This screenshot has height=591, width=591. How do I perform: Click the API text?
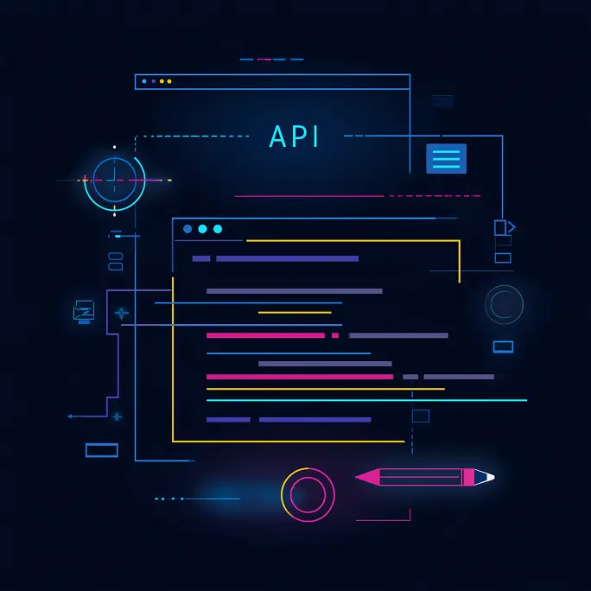pyautogui.click(x=294, y=136)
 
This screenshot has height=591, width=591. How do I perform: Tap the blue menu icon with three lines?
pyautogui.click(x=446, y=159)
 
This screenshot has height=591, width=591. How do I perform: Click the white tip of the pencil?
pyautogui.click(x=491, y=477)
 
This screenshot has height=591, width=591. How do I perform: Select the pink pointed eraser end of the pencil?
pyautogui.click(x=367, y=477)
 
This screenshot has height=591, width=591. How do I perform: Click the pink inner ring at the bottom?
pyautogui.click(x=308, y=495)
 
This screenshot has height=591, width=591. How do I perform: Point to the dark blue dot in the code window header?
pyautogui.click(x=187, y=229)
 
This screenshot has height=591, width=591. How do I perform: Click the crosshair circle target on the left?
pyautogui.click(x=115, y=181)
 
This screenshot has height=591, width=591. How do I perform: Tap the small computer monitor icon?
pyautogui.click(x=84, y=312)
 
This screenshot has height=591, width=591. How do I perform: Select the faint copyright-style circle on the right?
pyautogui.click(x=504, y=304)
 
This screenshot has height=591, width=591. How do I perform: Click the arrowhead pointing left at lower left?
pyautogui.click(x=70, y=416)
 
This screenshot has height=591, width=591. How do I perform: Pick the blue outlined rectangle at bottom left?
pyautogui.click(x=102, y=450)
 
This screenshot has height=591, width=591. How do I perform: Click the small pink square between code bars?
pyautogui.click(x=335, y=335)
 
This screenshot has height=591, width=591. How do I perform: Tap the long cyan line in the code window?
pyautogui.click(x=366, y=400)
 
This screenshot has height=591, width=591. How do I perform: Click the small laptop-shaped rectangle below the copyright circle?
pyautogui.click(x=503, y=346)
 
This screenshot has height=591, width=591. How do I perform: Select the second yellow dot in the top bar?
pyautogui.click(x=169, y=81)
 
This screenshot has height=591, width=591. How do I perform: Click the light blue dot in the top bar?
pyautogui.click(x=144, y=81)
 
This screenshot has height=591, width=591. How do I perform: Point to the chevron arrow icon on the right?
pyautogui.click(x=512, y=227)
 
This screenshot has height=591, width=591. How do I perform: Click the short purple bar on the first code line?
pyautogui.click(x=201, y=258)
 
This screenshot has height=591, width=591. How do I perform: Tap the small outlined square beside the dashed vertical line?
pyautogui.click(x=421, y=416)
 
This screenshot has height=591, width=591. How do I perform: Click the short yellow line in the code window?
pyautogui.click(x=295, y=313)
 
